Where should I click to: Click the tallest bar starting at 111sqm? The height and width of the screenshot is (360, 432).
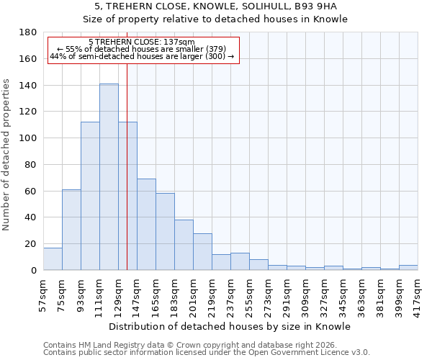pos(109,177)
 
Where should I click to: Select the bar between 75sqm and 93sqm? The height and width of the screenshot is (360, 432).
pos(71,230)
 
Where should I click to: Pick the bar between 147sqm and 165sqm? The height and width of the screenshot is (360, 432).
pos(146,225)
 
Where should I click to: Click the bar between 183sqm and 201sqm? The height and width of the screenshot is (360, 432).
pos(184,245)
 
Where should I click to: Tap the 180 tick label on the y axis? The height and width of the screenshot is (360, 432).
pos(28,32)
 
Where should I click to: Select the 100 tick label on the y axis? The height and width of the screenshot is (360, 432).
pos(28,138)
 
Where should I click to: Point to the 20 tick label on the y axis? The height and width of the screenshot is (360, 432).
pos(31,244)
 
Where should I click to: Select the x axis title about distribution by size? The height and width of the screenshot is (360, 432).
pos(230,326)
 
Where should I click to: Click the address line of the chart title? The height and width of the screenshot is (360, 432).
pos(215,6)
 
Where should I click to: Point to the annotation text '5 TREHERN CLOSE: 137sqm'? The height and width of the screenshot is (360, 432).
pos(142,42)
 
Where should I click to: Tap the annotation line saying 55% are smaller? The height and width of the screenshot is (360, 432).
pos(142,49)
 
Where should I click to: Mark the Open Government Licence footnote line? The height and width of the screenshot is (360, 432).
pos(207,352)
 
